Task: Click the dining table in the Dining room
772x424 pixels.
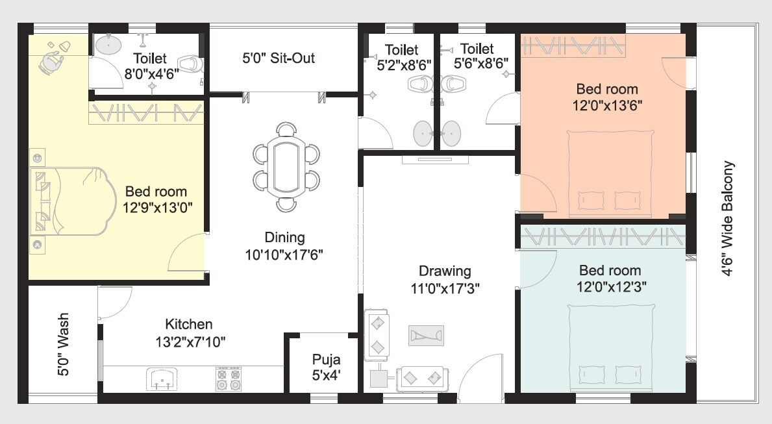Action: click(286, 168)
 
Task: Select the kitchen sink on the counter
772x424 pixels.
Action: click(160, 379)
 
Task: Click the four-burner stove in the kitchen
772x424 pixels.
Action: click(229, 379)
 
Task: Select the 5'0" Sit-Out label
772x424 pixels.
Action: click(279, 58)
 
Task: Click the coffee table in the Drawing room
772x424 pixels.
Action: click(426, 335)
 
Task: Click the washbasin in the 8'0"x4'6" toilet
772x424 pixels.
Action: click(108, 45)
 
